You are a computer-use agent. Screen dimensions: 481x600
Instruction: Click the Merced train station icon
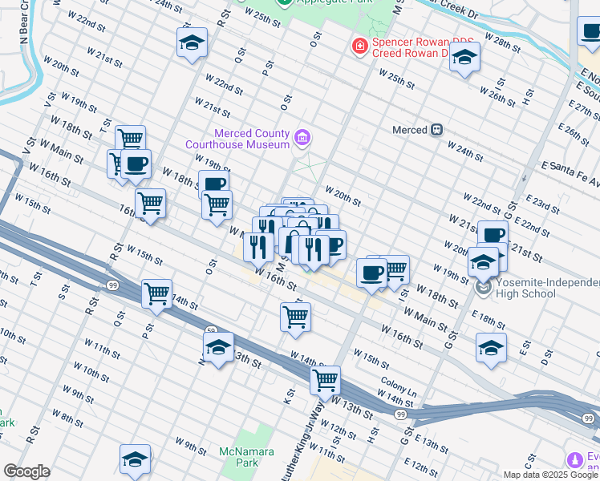coord(436,129)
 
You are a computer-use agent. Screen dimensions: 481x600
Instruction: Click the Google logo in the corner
coord(26,471)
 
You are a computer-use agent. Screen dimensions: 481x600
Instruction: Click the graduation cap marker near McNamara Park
coord(135,459)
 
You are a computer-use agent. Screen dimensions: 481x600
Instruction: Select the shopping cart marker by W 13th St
coord(325,381)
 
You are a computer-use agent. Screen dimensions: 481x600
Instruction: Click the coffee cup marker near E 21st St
coord(493,236)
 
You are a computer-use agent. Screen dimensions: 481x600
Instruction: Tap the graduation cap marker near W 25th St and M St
coord(464,58)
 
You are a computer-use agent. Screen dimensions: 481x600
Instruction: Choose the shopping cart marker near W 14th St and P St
coord(156,293)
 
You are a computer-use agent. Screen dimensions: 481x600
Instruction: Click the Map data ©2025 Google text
coord(550,475)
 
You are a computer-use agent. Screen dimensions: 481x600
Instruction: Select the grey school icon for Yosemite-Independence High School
coord(484,286)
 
